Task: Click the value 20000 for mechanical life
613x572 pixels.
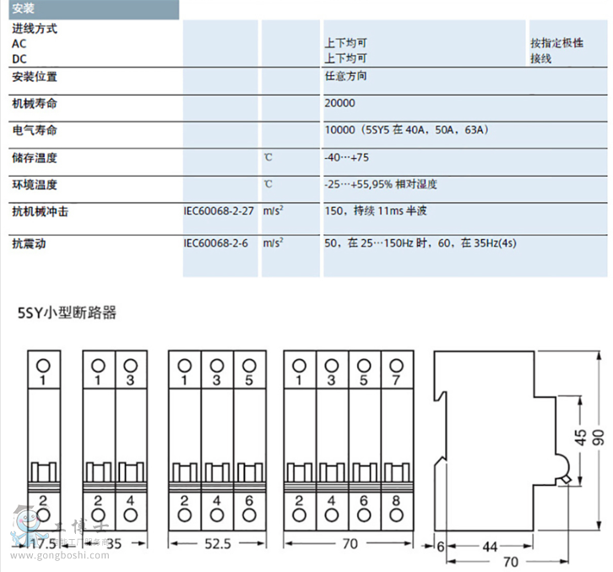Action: pos(339,103)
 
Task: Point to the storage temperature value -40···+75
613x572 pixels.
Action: pos(347,158)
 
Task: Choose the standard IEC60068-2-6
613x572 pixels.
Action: pos(217,242)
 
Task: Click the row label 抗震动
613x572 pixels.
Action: pos(29,243)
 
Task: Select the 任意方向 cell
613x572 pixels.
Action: pos(345,76)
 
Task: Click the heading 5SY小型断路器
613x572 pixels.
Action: pos(67,313)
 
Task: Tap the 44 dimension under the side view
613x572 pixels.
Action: pos(489,547)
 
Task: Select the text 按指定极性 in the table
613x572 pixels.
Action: pos(556,43)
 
